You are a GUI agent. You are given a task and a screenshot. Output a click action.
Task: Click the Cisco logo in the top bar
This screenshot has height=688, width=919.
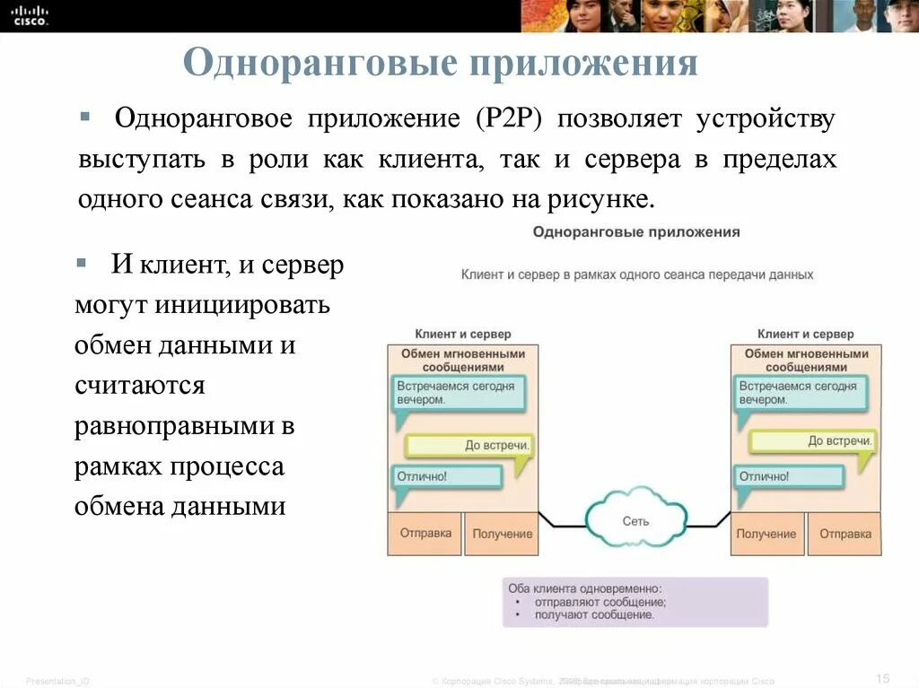30,14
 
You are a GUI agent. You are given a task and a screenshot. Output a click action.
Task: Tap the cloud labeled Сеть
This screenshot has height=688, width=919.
635,519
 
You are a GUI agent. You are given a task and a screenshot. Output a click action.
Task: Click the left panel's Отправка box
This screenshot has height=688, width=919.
424,533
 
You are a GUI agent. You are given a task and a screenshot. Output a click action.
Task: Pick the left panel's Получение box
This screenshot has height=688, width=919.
502,534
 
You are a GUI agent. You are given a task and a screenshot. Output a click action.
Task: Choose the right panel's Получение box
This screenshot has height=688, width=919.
766,534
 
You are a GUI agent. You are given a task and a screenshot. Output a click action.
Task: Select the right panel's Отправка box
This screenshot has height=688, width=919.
845,534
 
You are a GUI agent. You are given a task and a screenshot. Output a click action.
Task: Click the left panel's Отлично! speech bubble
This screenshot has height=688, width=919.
447,477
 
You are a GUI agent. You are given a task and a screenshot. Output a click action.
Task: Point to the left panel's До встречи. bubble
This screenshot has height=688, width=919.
468,445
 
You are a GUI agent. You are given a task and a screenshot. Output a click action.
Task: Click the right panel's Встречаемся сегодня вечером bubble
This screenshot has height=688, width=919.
802,393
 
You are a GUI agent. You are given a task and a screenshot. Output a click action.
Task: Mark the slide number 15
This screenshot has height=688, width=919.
881,677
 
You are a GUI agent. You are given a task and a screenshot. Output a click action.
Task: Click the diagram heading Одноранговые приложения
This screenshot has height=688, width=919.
635,232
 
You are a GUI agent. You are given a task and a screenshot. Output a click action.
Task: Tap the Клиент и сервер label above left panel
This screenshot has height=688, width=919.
462,334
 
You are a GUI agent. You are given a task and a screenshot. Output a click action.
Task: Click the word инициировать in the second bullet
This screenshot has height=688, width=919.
241,305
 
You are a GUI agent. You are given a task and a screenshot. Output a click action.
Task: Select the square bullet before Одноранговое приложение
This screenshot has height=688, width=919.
84,118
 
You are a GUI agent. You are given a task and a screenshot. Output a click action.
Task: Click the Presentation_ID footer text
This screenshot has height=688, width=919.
57,681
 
